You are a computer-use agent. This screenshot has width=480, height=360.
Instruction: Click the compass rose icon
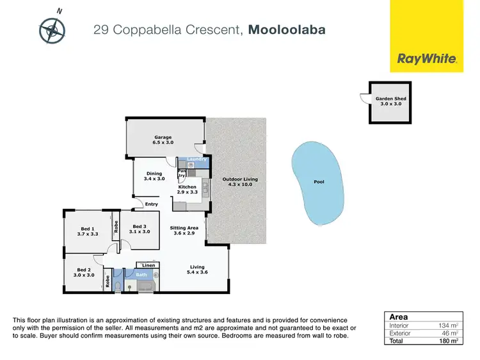point(52,29)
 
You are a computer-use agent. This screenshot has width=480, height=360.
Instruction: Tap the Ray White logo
point(427,58)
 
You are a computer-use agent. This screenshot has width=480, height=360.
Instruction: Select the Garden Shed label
point(390,101)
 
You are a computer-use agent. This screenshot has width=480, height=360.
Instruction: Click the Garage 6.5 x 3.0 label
point(163,140)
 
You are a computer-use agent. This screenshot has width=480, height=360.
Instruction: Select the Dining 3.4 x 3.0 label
point(154,176)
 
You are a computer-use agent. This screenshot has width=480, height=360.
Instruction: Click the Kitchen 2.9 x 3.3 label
point(187,190)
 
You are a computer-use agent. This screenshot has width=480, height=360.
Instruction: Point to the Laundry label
point(196,159)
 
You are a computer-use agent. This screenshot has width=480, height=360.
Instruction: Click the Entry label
point(151,204)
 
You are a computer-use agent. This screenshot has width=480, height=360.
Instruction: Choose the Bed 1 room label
point(88,232)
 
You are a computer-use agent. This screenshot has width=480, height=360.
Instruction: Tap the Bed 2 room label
point(85,272)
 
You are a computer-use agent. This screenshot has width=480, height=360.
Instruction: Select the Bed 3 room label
point(141,229)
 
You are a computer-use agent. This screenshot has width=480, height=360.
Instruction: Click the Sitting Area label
point(184,231)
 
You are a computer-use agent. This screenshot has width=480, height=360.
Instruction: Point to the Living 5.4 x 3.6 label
point(196,270)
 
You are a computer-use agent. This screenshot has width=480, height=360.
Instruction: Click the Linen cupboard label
point(148,265)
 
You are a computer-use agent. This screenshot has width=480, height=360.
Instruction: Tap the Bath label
point(141,275)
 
